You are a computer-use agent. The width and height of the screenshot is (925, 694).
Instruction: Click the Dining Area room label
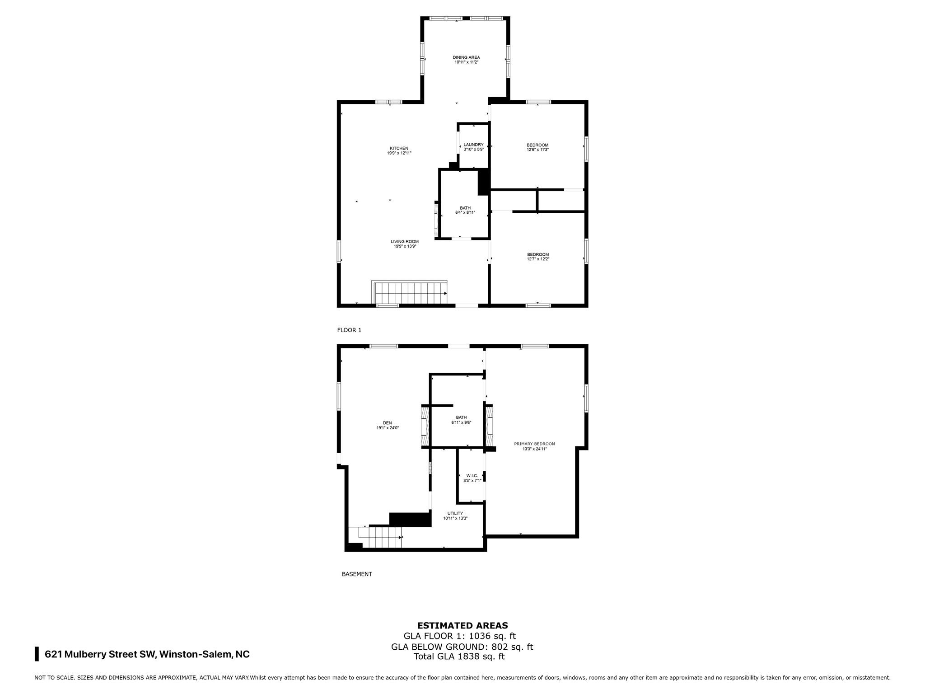point(466,57)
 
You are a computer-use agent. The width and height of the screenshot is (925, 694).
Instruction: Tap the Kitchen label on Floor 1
point(399,148)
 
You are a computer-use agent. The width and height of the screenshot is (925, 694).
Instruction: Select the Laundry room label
point(473,145)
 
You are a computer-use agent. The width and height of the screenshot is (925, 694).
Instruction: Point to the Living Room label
point(405,242)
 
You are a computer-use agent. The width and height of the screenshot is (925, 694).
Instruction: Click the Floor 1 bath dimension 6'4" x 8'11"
point(465,212)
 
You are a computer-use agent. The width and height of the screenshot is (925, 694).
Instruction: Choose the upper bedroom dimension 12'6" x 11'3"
point(537,150)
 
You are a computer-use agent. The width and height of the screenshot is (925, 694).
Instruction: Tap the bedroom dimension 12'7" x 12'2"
point(538,259)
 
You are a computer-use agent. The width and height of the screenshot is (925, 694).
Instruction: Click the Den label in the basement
point(388,423)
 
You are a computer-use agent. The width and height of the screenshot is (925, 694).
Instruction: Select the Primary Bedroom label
point(535,444)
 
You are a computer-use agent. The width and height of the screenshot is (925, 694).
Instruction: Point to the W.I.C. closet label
point(472,475)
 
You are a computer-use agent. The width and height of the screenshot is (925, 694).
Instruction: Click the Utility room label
point(455,513)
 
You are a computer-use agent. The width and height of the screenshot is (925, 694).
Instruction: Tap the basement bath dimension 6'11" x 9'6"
point(461,422)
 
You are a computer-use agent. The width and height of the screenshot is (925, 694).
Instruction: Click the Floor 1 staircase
point(410,292)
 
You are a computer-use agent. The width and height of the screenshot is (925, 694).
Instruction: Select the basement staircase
point(380,537)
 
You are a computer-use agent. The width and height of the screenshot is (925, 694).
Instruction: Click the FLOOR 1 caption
point(349,330)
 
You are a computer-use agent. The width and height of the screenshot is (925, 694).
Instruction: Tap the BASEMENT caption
point(357,574)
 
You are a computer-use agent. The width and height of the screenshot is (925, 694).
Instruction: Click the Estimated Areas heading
point(462,626)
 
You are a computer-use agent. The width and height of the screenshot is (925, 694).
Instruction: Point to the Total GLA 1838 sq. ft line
point(459,656)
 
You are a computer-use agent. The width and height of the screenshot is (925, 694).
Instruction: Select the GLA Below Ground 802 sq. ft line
point(462,647)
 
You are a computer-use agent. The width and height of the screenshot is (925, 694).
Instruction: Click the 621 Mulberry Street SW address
point(147,654)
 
